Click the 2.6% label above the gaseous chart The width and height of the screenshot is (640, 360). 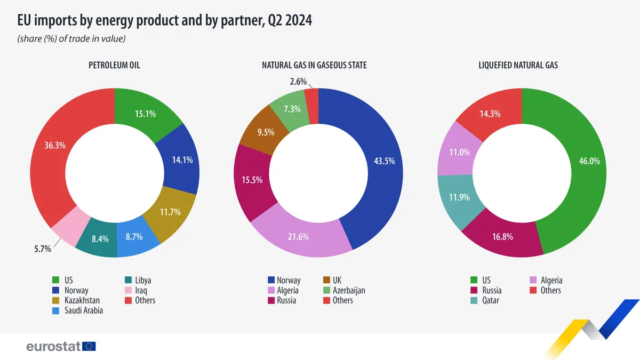(x=299, y=82)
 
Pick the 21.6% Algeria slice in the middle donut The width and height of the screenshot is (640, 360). (x=298, y=237)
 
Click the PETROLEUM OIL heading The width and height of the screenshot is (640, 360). (x=114, y=66)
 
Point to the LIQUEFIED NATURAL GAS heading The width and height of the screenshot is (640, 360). (x=518, y=66)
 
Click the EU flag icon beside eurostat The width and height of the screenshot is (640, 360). (x=89, y=347)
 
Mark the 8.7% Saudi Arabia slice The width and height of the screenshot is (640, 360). (x=134, y=236)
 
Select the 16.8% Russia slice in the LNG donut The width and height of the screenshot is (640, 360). (x=502, y=237)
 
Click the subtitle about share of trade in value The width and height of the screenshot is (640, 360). (x=71, y=39)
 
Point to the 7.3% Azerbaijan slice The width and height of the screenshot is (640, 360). (x=291, y=109)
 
